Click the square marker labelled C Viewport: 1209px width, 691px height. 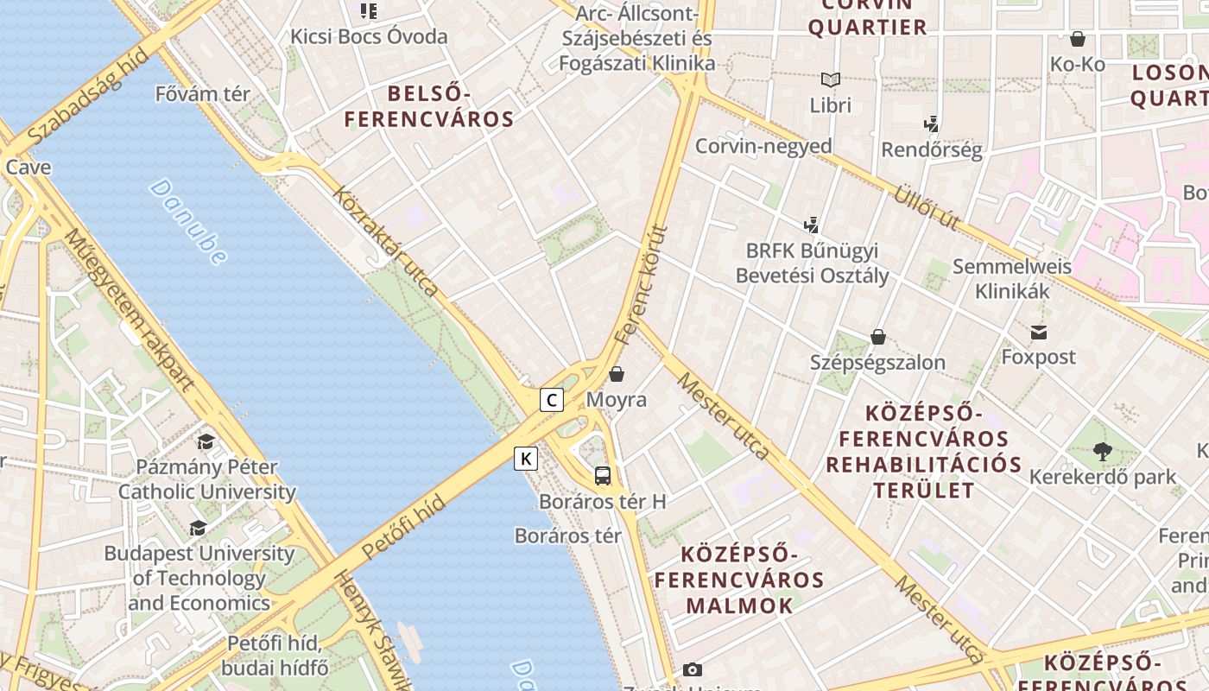[x=552, y=400]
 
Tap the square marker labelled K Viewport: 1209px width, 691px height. [x=526, y=459]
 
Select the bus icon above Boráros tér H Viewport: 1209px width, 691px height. [x=603, y=475]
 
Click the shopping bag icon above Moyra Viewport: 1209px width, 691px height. [x=617, y=374]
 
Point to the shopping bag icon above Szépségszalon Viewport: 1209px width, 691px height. [x=878, y=337]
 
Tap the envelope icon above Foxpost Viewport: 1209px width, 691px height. [x=1038, y=332]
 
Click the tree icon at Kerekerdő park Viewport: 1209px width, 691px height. [x=1102, y=451]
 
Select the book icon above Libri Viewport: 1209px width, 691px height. [x=831, y=80]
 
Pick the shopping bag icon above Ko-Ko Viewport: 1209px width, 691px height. [x=1078, y=39]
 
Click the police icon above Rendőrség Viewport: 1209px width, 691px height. [x=931, y=124]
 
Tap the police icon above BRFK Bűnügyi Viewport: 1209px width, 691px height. [x=811, y=225]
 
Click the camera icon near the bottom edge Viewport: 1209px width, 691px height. [x=692, y=669]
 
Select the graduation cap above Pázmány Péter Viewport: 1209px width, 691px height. [x=206, y=442]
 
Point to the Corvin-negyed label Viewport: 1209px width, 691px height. [x=763, y=146]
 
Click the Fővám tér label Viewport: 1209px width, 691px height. [x=203, y=93]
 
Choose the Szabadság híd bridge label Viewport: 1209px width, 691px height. [x=87, y=97]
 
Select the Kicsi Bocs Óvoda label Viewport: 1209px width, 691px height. [x=369, y=36]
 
